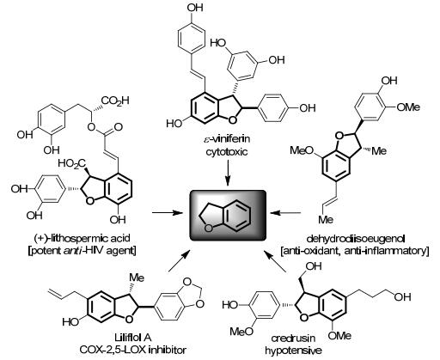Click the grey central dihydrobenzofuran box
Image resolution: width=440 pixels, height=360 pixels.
click(229, 215)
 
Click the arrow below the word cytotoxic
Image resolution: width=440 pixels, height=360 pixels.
click(228, 173)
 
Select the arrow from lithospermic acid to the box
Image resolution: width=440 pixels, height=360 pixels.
click(168, 212)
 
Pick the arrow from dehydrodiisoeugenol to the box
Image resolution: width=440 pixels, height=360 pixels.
click(285, 212)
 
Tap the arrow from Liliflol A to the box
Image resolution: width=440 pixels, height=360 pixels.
click(180, 260)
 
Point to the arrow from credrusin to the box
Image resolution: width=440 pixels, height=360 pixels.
click(275, 261)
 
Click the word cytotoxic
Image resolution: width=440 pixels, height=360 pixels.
click(227, 151)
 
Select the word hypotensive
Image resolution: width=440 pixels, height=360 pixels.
click(293, 350)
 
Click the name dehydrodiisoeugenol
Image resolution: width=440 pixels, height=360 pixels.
click(356, 239)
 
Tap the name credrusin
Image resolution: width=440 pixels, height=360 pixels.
click(293, 339)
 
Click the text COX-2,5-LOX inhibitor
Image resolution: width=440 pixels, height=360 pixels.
click(133, 350)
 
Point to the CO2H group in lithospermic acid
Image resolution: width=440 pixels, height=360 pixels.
click(116, 101)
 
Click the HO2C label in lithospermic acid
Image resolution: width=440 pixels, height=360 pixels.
click(72, 164)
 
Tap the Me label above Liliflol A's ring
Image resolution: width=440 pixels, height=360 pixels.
click(137, 278)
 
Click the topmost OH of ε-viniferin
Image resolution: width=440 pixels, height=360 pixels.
click(195, 8)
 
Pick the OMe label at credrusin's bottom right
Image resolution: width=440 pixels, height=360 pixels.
click(339, 335)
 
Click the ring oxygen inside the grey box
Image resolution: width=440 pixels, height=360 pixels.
click(209, 229)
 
